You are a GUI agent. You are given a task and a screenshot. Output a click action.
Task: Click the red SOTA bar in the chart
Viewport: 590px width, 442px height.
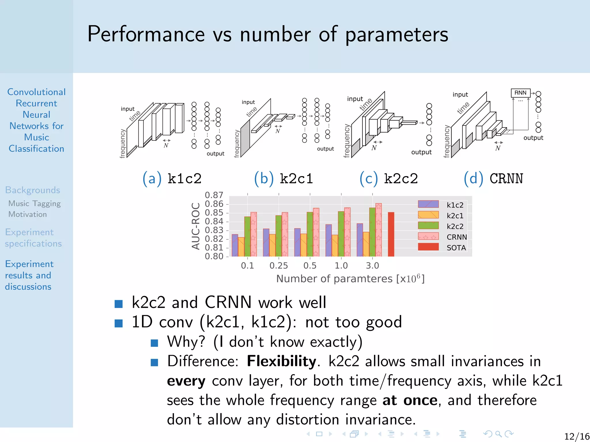pyautogui.click(x=391, y=234)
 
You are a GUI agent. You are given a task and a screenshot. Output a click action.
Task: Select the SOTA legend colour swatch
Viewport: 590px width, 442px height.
pyautogui.click(x=428, y=247)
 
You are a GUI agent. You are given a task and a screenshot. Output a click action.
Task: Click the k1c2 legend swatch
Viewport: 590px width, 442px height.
pyautogui.click(x=428, y=204)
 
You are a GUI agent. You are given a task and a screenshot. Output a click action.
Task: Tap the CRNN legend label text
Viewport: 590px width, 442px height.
pyautogui.click(x=457, y=237)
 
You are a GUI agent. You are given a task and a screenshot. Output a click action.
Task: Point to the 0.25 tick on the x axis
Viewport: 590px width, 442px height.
pyautogui.click(x=279, y=265)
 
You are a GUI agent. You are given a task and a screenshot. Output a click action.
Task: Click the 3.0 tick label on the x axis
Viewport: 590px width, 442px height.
pyautogui.click(x=372, y=265)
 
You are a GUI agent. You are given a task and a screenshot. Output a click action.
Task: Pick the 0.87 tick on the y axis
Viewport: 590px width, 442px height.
pyautogui.click(x=214, y=195)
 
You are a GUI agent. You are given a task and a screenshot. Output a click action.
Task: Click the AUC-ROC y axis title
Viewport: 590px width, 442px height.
pyautogui.click(x=196, y=226)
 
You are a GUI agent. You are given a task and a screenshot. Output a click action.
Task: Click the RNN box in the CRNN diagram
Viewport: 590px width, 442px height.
pyautogui.click(x=520, y=93)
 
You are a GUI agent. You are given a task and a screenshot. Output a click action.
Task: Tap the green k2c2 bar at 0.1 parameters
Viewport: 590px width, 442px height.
pyautogui.click(x=247, y=237)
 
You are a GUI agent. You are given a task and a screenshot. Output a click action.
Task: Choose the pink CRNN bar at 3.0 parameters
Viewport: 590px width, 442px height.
pyautogui.click(x=379, y=230)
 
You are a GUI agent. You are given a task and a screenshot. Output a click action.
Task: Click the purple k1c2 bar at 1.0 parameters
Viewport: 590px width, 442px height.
pyautogui.click(x=328, y=240)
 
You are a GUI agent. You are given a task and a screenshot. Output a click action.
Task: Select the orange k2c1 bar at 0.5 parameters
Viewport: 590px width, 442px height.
pyautogui.click(x=304, y=245)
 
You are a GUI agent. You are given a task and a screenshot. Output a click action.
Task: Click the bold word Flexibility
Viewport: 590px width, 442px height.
pyautogui.click(x=281, y=361)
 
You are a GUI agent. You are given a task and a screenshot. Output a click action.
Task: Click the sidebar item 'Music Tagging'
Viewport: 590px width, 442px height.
pyautogui.click(x=35, y=203)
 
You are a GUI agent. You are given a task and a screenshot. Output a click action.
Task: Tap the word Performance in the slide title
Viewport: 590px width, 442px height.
pyautogui.click(x=146, y=34)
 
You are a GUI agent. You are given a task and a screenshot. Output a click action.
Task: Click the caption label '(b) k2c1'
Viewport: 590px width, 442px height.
pyautogui.click(x=283, y=178)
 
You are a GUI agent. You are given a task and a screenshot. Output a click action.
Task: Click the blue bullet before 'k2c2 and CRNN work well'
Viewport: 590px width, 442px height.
pyautogui.click(x=118, y=304)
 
